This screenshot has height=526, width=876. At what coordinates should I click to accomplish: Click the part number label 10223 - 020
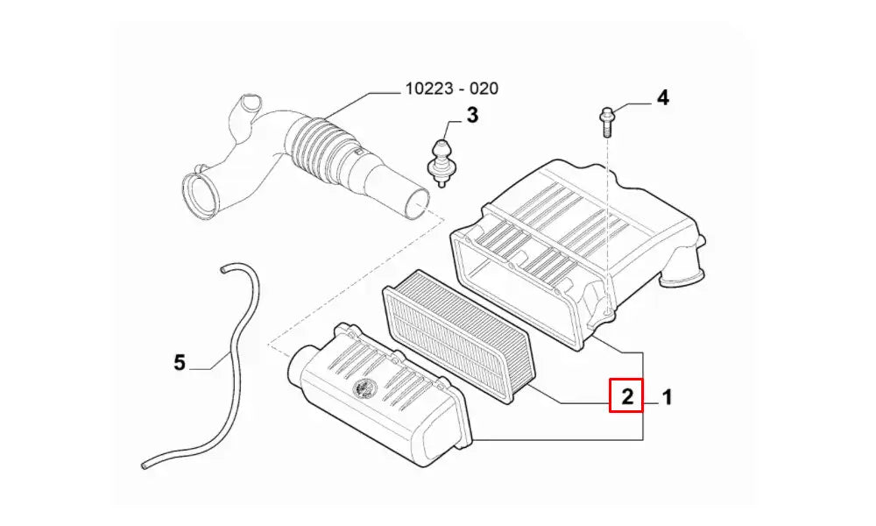click(x=451, y=89)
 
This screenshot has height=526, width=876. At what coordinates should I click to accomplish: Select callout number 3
click(x=471, y=114)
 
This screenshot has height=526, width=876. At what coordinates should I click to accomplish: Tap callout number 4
click(x=662, y=97)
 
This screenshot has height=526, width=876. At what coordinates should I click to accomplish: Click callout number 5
click(x=180, y=361)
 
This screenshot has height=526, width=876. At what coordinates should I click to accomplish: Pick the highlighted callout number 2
click(x=626, y=396)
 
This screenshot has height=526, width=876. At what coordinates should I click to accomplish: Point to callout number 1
click(x=667, y=397)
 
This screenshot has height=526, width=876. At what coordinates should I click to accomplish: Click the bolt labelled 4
click(x=605, y=119)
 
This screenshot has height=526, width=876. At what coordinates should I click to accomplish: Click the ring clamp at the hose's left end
click(x=202, y=194)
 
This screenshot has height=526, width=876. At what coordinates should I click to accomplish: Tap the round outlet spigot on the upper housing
click(x=681, y=274)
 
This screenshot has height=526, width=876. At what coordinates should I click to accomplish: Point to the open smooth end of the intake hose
click(x=418, y=201)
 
